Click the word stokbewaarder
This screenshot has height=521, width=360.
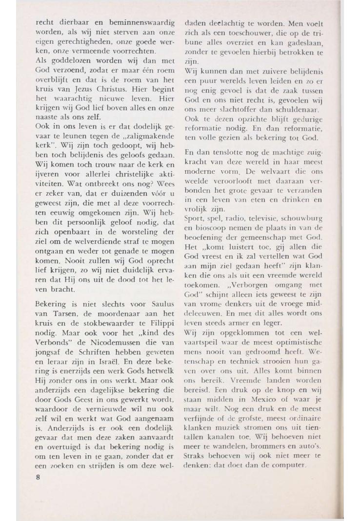pyautogui.click(x=99, y=312)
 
